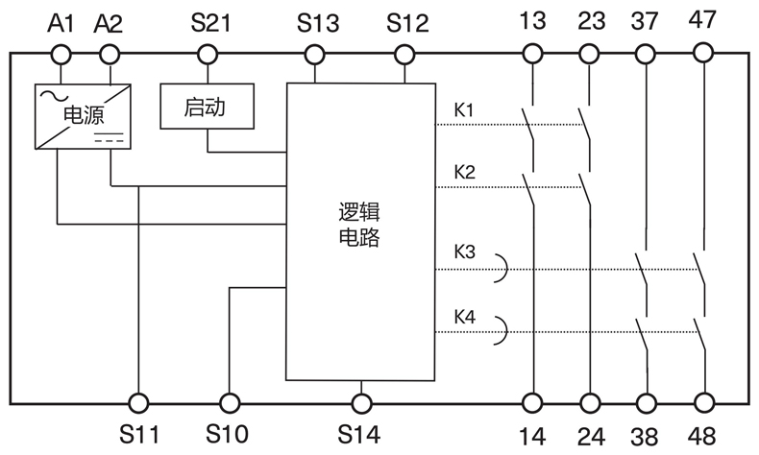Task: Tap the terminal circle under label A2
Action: (x=112, y=55)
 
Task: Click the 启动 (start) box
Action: (x=206, y=108)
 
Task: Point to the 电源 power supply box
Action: (x=81, y=116)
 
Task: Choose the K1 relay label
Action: (x=464, y=109)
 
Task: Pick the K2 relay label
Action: (x=464, y=173)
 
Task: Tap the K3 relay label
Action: (x=464, y=253)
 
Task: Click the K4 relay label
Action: (x=464, y=317)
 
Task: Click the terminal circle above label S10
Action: (x=229, y=403)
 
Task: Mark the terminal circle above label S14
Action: (x=360, y=403)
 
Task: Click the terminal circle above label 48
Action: (x=705, y=403)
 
